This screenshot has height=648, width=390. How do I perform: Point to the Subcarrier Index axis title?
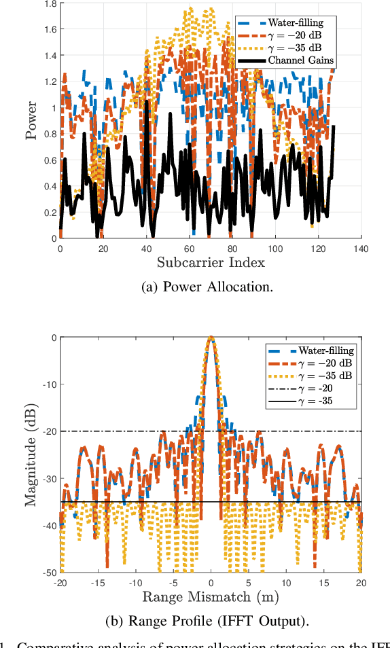[x=211, y=262]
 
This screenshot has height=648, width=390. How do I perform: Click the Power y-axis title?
[x=31, y=121]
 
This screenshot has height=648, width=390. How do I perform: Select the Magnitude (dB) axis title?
[x=31, y=454]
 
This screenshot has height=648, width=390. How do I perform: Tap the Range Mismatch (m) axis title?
[x=211, y=596]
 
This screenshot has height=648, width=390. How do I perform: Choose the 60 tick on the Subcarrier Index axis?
[x=189, y=249]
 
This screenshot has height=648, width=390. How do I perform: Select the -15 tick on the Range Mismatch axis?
[x=98, y=583]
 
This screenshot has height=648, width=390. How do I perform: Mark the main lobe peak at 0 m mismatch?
[x=211, y=338]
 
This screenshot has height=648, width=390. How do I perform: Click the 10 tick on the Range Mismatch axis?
[x=285, y=583]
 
